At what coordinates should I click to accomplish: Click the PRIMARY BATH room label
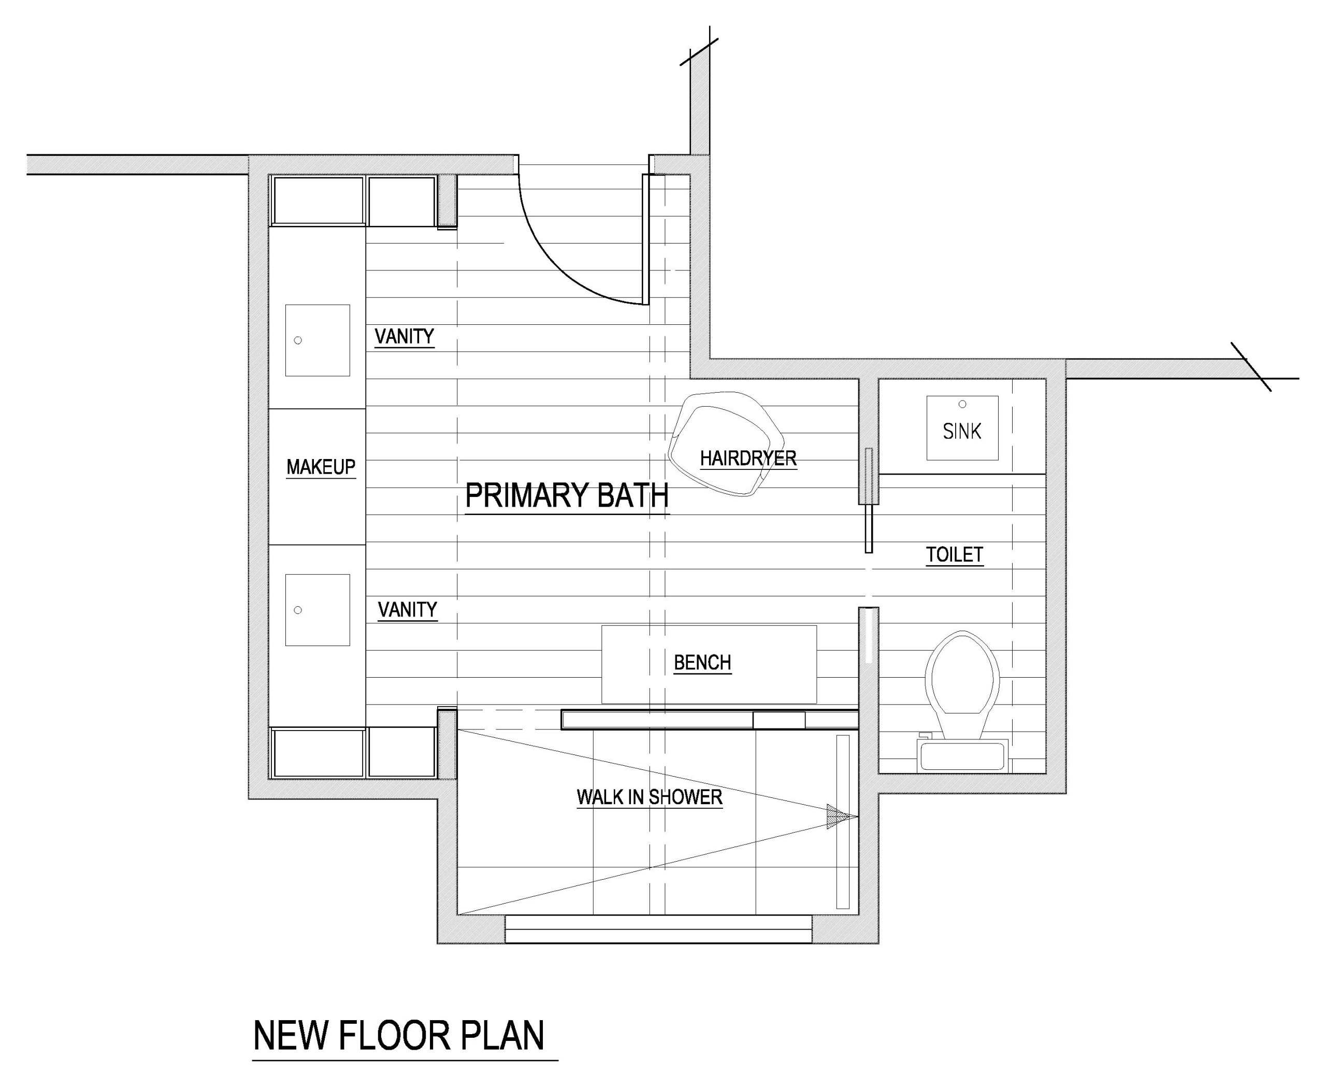pos(567,495)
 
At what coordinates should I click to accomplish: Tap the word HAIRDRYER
pos(748,459)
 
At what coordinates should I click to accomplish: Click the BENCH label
pos(702,663)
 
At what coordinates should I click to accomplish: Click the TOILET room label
pos(955,555)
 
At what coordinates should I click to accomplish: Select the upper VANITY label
pos(405,337)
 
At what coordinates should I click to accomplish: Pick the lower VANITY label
pos(408,609)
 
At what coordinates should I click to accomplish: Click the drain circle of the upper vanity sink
pos(298,340)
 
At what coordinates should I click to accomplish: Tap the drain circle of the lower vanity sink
pos(298,610)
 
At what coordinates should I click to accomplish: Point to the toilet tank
pos(962,756)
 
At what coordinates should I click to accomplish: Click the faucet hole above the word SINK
pos(962,404)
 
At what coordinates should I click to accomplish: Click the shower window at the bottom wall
pos(659,929)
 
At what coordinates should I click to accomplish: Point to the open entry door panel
pos(645,239)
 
